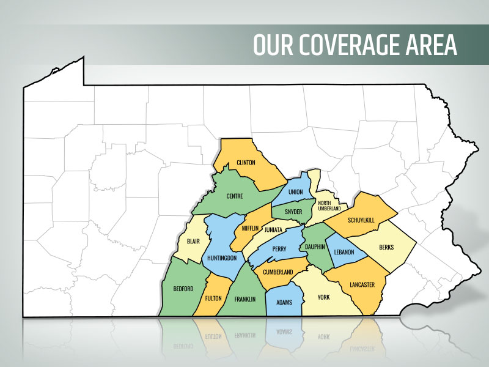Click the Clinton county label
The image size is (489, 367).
[245, 163]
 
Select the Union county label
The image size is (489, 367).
[295, 192]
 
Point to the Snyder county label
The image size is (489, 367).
[293, 212]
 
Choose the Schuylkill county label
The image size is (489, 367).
[360, 219]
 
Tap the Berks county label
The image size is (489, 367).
[386, 247]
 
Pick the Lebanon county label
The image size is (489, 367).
[344, 252]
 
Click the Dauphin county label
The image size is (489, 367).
[315, 247]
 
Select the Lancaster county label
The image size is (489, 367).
[362, 284]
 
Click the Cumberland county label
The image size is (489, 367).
[278, 272]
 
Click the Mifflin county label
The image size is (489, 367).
[250, 228]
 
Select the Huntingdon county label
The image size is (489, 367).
[222, 258]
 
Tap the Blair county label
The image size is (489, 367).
[193, 242]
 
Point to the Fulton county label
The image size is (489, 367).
[213, 298]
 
